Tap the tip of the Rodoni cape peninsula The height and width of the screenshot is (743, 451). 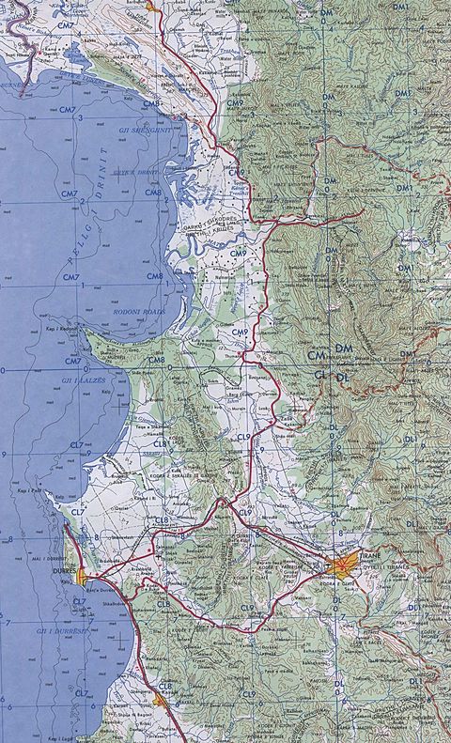click(82, 332)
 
